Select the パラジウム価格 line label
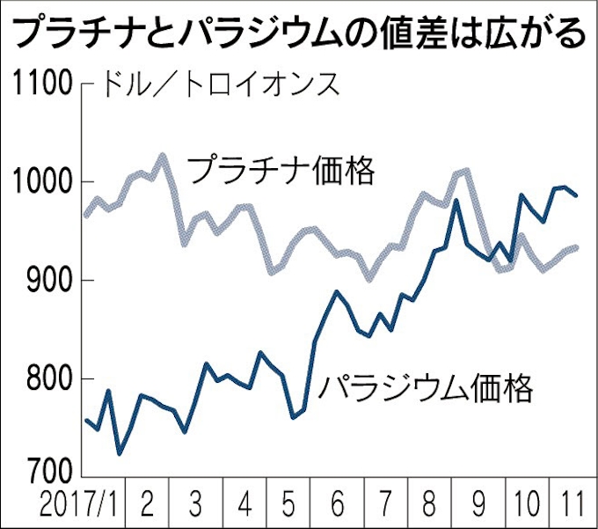tap(426, 386)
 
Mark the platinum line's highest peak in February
tap(163, 155)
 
